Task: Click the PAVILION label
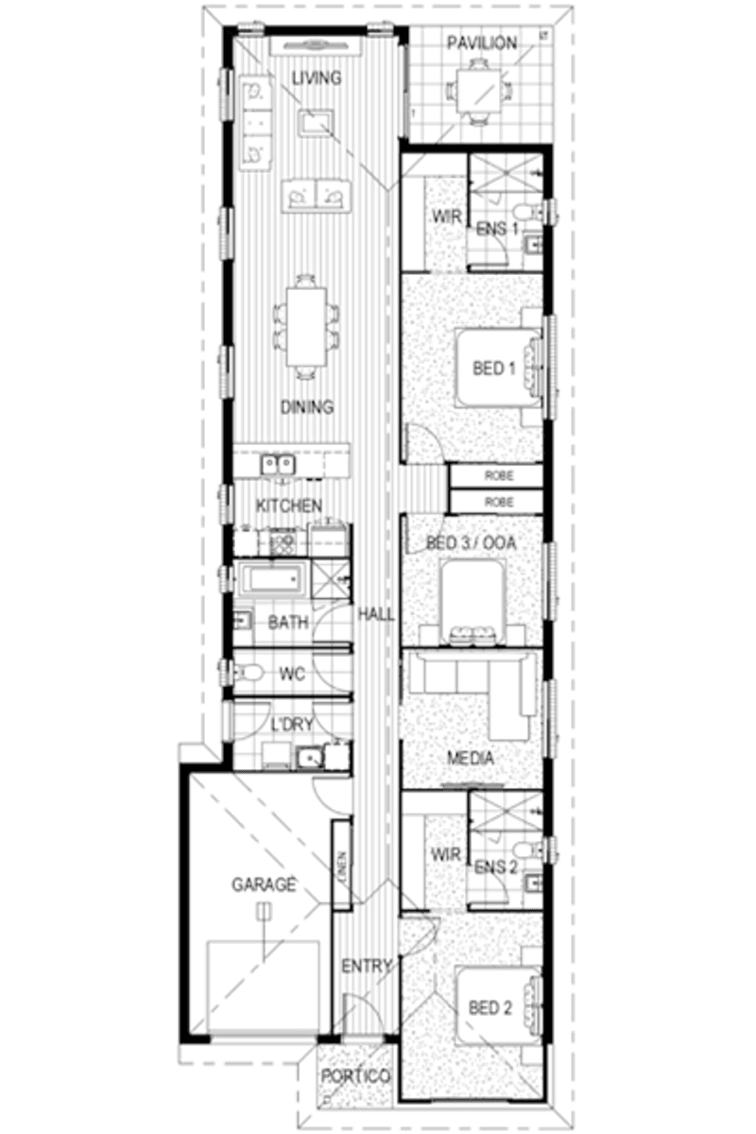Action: coord(482,43)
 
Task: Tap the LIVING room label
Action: coord(316,77)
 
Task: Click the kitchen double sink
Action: coord(277,463)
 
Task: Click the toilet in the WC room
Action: coord(249,674)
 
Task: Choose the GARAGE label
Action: coord(264,885)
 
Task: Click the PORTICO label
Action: coord(355,1076)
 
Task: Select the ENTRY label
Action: coord(367,966)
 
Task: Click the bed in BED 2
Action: coord(499,1007)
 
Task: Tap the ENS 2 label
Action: coord(496,867)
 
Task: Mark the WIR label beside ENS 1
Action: coord(447,217)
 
